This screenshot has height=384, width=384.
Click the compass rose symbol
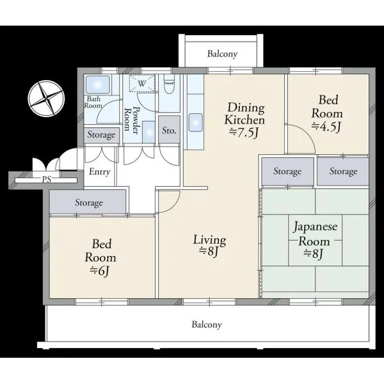click(x=46, y=99)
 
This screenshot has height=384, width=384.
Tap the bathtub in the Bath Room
click(x=97, y=84)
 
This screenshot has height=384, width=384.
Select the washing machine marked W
click(x=142, y=83)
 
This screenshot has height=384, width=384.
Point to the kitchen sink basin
click(x=195, y=122)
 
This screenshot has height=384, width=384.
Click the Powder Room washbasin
click(x=148, y=132)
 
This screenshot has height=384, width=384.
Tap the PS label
click(x=47, y=179)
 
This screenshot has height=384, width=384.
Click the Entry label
click(x=99, y=172)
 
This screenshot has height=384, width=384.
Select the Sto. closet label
click(x=169, y=131)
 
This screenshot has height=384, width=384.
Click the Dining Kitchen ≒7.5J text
click(x=244, y=120)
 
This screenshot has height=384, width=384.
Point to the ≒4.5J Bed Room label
click(x=327, y=114)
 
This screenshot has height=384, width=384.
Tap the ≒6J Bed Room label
click(x=100, y=258)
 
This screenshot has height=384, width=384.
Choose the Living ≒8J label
click(x=210, y=245)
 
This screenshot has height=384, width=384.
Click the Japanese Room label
click(x=315, y=234)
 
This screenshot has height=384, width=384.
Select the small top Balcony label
click(x=222, y=54)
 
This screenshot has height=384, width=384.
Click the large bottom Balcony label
click(x=207, y=324)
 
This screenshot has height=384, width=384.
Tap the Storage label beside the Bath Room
click(x=101, y=134)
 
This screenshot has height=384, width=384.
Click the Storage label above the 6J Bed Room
click(x=89, y=203)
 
